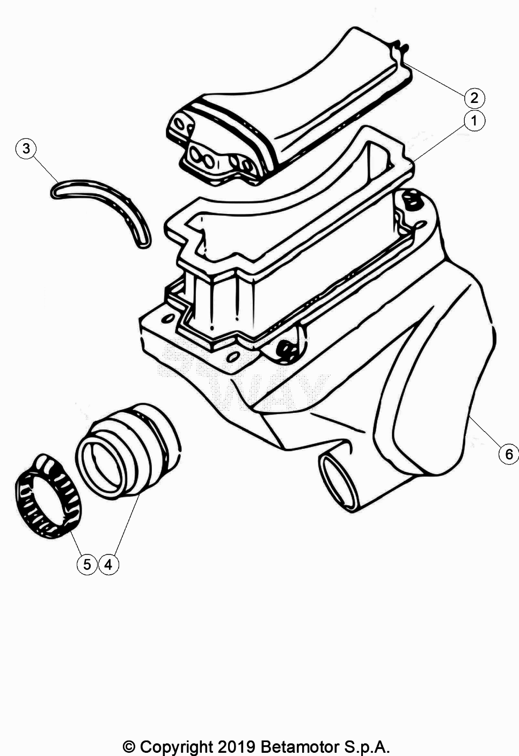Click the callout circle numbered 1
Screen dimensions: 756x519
point(474,121)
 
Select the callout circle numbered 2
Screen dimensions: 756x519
point(474,98)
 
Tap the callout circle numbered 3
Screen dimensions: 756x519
point(26,148)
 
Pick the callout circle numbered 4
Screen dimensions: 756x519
point(108,564)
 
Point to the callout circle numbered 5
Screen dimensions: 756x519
point(86,564)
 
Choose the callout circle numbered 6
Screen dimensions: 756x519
point(508,454)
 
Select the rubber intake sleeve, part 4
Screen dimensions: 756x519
point(129,450)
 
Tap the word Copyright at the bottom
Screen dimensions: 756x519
point(176,746)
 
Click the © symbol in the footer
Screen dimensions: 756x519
point(129,746)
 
